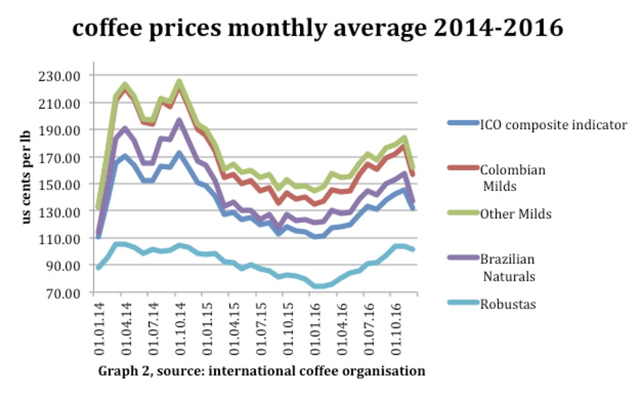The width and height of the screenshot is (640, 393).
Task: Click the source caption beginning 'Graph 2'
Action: tap(261, 371)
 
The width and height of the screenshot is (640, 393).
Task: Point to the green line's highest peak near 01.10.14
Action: tap(179, 82)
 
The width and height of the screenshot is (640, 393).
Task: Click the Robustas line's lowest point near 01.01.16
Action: tap(319, 286)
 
